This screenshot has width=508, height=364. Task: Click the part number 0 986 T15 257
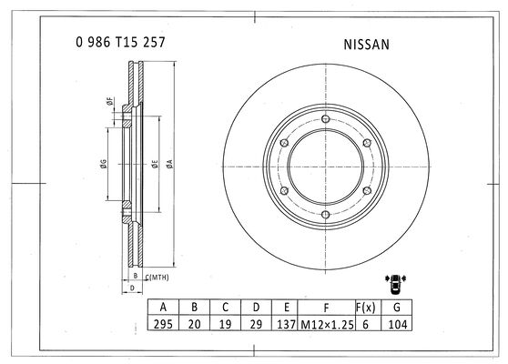point(120,42)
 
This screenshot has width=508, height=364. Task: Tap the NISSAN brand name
point(366,45)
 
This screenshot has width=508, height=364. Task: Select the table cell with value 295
point(163,324)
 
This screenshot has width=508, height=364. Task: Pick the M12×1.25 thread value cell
point(327,324)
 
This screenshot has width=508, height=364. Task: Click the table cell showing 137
point(287,324)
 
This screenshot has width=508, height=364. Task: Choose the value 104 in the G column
point(397,324)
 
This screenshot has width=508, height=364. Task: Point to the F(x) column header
point(365,307)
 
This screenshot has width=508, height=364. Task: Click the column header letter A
point(163,307)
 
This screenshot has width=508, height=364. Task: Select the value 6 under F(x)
point(365,324)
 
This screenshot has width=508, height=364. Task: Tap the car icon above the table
point(396,284)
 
